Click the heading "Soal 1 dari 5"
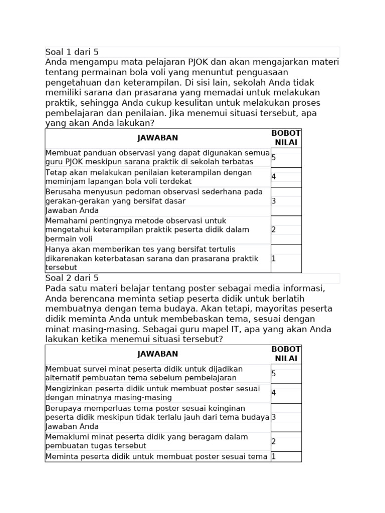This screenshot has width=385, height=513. tap(72, 52)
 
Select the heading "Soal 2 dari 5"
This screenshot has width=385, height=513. tap(72, 278)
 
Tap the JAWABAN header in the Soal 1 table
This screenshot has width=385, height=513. tap(157, 138)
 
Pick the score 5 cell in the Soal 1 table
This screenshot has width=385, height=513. tap(274, 157)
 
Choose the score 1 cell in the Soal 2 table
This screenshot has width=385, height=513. tap(274, 456)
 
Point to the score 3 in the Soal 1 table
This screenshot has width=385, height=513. tap(274, 201)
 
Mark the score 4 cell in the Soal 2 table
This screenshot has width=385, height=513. tap(274, 393)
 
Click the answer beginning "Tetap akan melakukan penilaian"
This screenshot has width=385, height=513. tap(148, 177)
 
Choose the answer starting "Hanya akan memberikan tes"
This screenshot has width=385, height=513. tap(151, 259)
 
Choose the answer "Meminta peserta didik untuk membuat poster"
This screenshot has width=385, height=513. tap(156, 456)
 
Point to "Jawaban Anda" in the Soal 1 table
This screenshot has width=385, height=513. tap(72, 210)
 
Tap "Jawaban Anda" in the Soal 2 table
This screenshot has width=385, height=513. tap(72, 426)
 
